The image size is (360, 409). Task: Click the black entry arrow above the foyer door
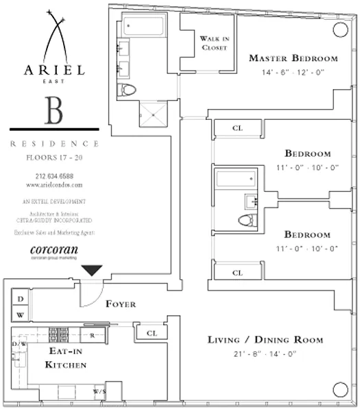click(x=91, y=271)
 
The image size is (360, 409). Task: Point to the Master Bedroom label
click(x=293, y=58)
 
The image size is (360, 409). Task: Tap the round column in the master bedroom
click(x=340, y=29)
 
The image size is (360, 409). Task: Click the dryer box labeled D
click(x=20, y=299)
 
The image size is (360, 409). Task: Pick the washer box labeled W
click(x=20, y=315)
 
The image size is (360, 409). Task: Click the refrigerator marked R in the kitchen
click(x=92, y=336)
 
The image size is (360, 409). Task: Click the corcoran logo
click(x=53, y=249)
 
